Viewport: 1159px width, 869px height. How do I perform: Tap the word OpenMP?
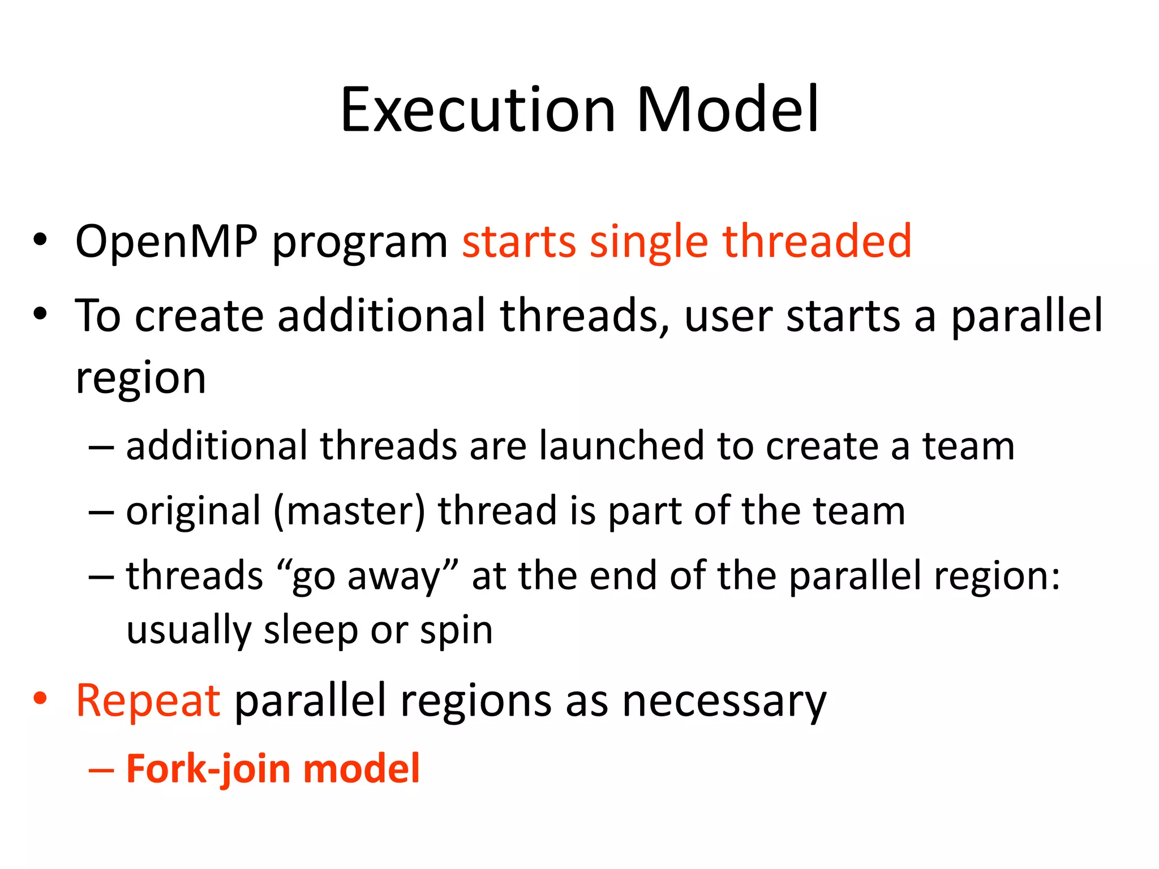click(166, 242)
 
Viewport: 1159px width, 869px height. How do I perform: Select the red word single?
click(649, 242)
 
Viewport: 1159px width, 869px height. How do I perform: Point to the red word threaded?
click(817, 241)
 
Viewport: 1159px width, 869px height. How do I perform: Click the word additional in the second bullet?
click(381, 315)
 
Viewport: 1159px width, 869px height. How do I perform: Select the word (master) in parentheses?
click(349, 511)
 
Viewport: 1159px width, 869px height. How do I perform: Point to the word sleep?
click(311, 630)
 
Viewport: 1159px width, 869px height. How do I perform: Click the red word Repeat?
click(148, 702)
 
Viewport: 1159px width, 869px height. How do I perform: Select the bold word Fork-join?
click(208, 769)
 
